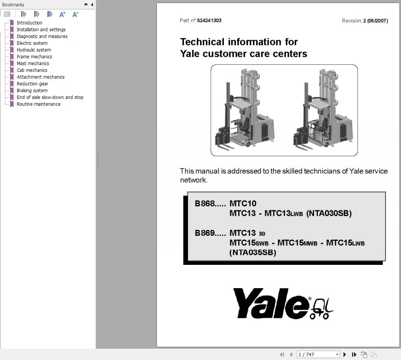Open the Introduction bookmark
[29, 23]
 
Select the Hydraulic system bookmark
[33, 50]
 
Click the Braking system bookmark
[32, 91]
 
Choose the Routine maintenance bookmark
[38, 104]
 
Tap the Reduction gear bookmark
[32, 84]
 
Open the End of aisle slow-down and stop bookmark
[50, 97]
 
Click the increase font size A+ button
[62, 14]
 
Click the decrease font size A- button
[75, 14]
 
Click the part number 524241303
[209, 21]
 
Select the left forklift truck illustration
[245, 110]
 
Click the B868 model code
[205, 204]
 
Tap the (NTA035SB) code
[253, 252]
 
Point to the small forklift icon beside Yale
[322, 308]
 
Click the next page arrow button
[345, 354]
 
